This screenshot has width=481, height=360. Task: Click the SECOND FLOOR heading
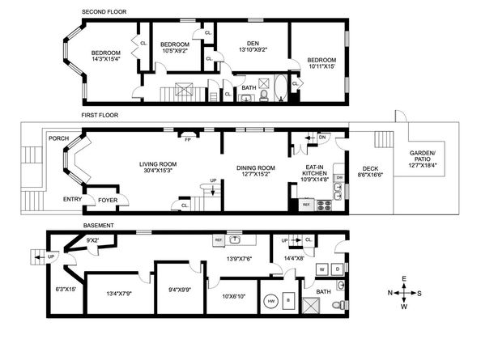point(104,11)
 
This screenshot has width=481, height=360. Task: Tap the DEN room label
point(253,44)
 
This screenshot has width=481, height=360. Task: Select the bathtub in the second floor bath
point(281,88)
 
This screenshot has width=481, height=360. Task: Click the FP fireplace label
point(188,139)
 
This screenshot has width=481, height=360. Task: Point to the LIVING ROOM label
point(158,164)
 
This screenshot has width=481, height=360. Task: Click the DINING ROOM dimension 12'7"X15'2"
point(256,174)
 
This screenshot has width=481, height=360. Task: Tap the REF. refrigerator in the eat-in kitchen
point(306,205)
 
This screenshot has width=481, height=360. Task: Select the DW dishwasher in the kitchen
point(339,178)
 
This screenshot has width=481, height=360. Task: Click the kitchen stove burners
point(324,205)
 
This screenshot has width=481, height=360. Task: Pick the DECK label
point(370,168)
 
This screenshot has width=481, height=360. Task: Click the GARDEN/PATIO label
point(423,156)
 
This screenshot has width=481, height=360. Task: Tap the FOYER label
point(108,200)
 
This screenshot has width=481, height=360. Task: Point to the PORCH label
point(58,138)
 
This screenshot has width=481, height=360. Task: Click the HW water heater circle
point(271,301)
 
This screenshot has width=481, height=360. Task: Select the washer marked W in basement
point(322,269)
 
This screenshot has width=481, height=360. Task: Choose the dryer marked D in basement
point(338,269)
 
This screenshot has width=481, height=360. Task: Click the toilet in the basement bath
point(339,305)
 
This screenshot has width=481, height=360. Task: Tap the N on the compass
point(389,293)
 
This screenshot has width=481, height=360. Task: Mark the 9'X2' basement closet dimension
point(93,240)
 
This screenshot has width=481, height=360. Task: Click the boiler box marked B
point(288,301)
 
